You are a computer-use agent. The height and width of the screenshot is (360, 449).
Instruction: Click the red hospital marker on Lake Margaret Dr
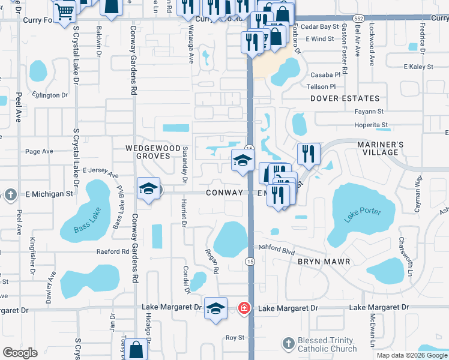pos(244,308)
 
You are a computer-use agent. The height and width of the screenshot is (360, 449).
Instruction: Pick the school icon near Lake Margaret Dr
pos(215,308)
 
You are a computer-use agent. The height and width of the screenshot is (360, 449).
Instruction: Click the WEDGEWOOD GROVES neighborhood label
pos(152,152)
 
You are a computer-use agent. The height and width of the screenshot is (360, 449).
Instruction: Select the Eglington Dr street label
pos(50,95)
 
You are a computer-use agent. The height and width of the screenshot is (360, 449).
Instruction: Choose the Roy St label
pos(234,338)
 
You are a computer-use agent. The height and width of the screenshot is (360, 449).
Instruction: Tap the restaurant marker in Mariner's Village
pos(309,154)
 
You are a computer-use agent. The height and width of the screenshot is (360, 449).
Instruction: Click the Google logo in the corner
pos(20,353)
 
